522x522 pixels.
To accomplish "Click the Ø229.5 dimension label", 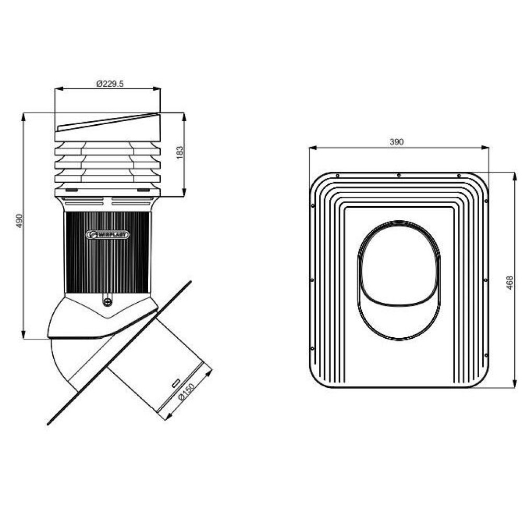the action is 110,84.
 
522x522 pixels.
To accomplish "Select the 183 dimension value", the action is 180,152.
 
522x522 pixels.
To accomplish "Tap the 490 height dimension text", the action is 19,221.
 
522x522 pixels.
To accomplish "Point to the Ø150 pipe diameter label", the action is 186,391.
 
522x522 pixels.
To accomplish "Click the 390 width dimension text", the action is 397,142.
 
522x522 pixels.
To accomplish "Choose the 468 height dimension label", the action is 509,282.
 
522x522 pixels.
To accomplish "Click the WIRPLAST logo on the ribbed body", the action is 107,235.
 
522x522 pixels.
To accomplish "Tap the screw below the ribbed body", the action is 107,302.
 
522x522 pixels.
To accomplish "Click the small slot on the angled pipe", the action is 176,383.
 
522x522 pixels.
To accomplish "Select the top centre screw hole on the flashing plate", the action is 399,175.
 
